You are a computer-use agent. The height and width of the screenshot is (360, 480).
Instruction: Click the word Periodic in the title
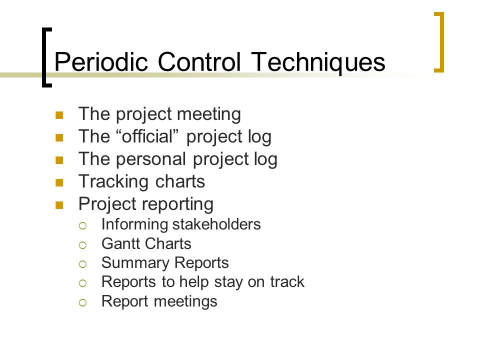point(101,61)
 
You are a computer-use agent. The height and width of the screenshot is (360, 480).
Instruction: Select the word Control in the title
point(199,61)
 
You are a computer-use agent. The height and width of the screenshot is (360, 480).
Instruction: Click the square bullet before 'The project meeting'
point(59,115)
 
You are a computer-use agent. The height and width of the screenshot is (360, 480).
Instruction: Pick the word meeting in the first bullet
point(209,115)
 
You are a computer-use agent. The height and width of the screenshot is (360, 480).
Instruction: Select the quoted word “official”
point(147,136)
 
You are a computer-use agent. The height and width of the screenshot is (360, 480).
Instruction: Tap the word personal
point(151,159)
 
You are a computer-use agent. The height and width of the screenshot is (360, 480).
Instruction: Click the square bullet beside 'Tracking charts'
point(59,183)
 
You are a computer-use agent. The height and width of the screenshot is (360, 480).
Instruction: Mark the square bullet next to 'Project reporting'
point(59,205)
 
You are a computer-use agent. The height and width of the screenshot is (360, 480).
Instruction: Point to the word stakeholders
point(216,224)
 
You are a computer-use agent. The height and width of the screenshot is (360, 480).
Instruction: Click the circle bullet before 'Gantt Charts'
point(82,245)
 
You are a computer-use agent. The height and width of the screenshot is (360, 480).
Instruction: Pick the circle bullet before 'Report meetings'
point(82,303)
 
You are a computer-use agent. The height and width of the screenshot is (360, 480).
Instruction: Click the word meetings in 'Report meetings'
point(185,301)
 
